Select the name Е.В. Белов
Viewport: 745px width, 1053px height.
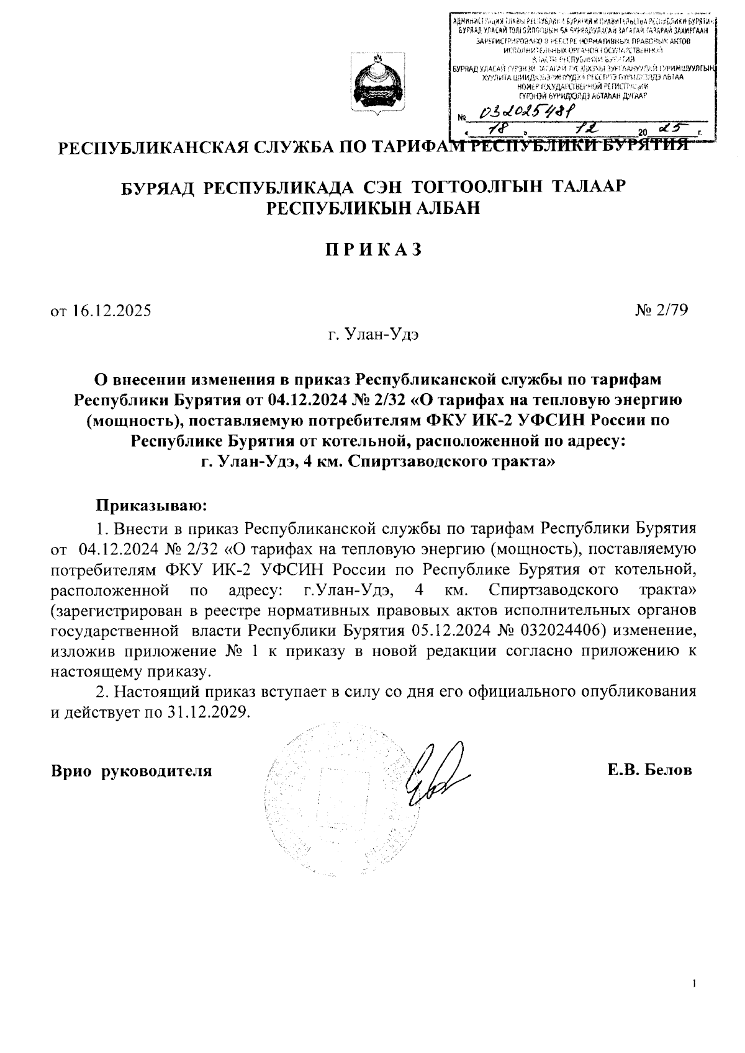tap(649, 771)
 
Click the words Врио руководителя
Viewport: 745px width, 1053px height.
tap(131, 771)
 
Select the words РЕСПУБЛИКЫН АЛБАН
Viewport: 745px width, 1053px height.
tap(373, 208)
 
